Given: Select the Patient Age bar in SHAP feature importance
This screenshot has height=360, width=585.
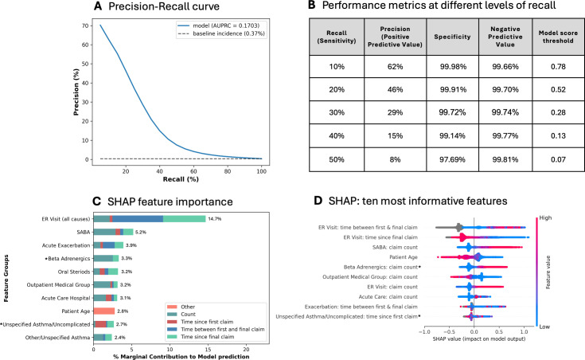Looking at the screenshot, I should (104, 311).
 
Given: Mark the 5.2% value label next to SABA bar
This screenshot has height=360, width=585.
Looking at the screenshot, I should (141, 232).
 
